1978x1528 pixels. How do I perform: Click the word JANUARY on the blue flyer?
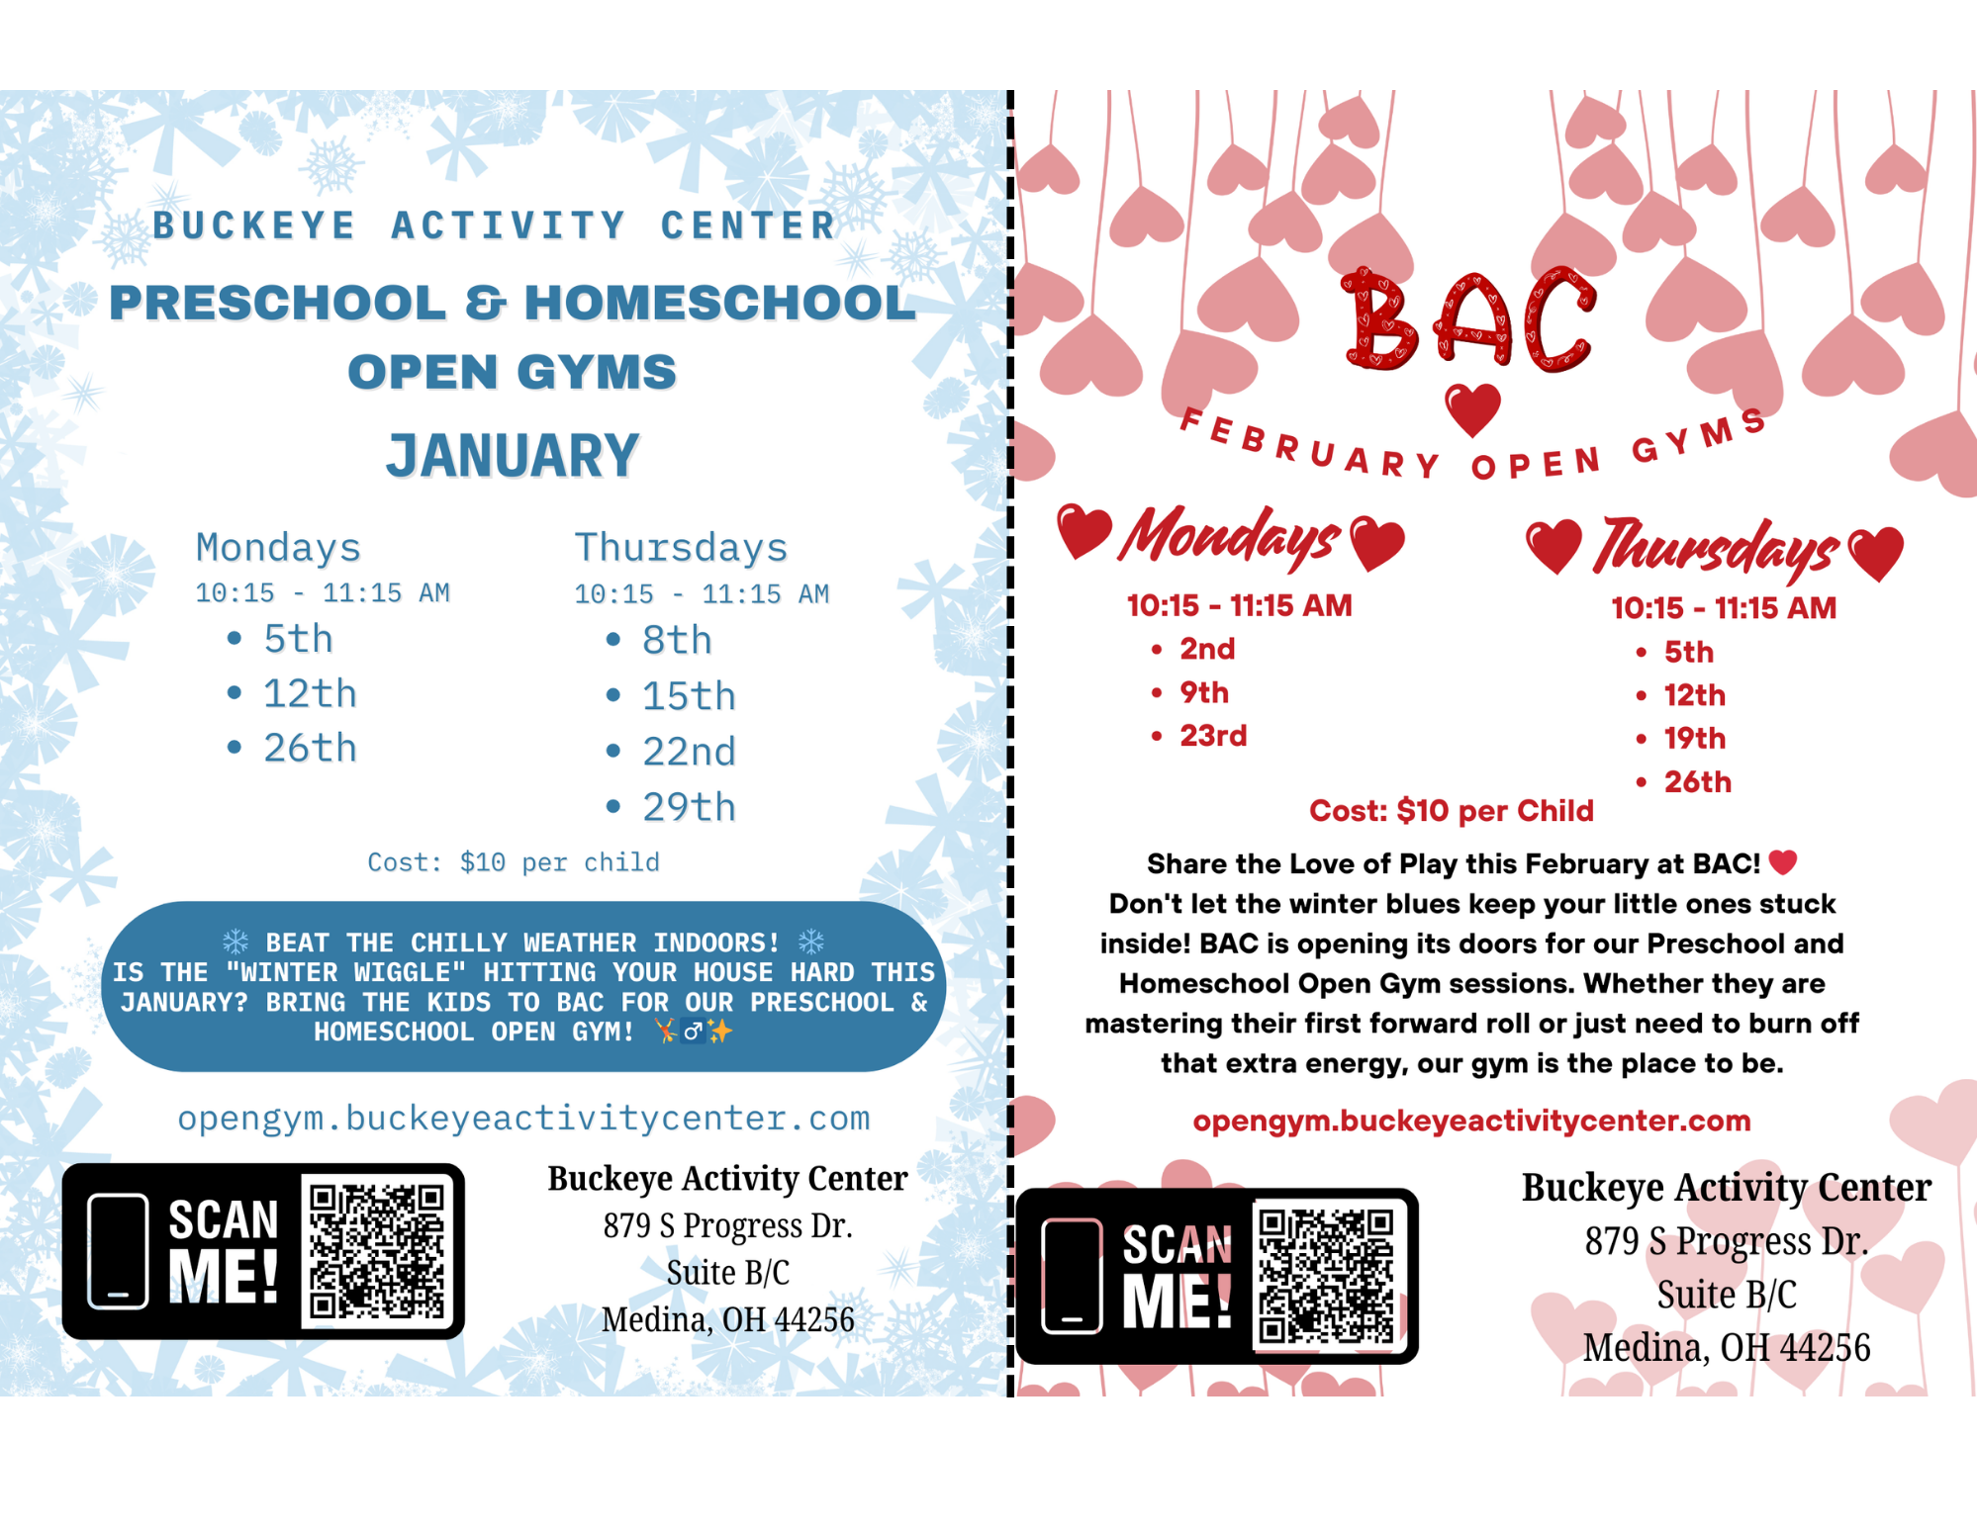point(513,456)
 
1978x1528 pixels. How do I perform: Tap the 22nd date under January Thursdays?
point(689,752)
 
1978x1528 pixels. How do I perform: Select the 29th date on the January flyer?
point(689,807)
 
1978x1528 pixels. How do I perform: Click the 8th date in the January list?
point(677,641)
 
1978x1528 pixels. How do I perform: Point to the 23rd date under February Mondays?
point(1213,736)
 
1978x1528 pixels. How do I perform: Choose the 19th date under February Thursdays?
point(1694,739)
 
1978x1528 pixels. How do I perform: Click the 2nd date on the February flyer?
point(1207,649)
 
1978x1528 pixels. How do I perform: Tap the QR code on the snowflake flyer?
point(377,1251)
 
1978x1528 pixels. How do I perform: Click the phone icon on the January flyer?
point(118,1251)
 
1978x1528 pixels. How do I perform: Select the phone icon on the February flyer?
point(1072,1276)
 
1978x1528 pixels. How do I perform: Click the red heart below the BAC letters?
point(1472,408)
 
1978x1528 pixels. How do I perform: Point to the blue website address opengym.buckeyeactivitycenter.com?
point(523,1119)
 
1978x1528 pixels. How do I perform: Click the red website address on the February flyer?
point(1471,1121)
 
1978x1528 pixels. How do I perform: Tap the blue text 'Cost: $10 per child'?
point(513,862)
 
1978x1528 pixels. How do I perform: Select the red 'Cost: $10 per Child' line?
point(1451,811)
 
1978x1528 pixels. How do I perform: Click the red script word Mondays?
point(1229,537)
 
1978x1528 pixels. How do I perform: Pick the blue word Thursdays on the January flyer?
point(681,547)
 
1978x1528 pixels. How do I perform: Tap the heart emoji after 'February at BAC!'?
point(1783,862)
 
